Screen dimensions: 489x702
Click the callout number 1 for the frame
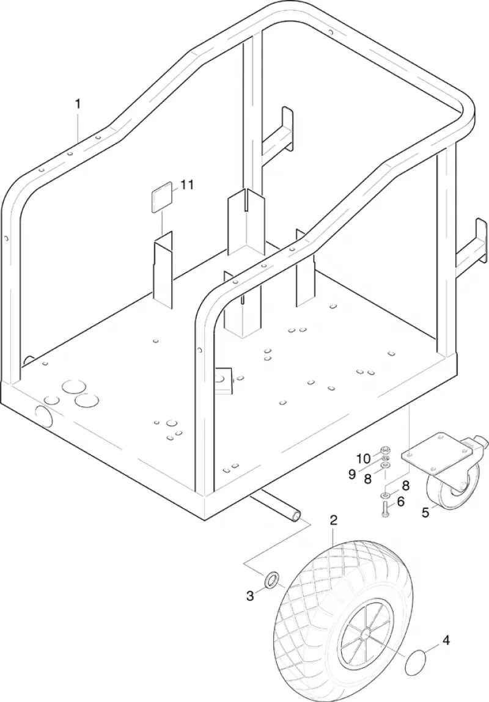click(x=78, y=104)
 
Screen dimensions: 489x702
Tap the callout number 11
click(x=187, y=185)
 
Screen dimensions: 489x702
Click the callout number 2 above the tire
click(x=333, y=521)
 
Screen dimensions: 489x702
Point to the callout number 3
click(x=250, y=596)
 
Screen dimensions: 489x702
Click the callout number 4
click(x=446, y=641)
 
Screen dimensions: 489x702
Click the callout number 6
click(x=400, y=502)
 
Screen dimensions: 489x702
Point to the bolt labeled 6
click(x=385, y=508)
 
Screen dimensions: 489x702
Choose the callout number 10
click(x=364, y=458)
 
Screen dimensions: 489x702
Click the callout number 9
click(x=352, y=473)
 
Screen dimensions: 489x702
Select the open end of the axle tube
click(x=296, y=516)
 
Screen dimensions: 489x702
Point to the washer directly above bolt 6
click(x=385, y=495)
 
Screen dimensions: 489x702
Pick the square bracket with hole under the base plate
click(x=222, y=380)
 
